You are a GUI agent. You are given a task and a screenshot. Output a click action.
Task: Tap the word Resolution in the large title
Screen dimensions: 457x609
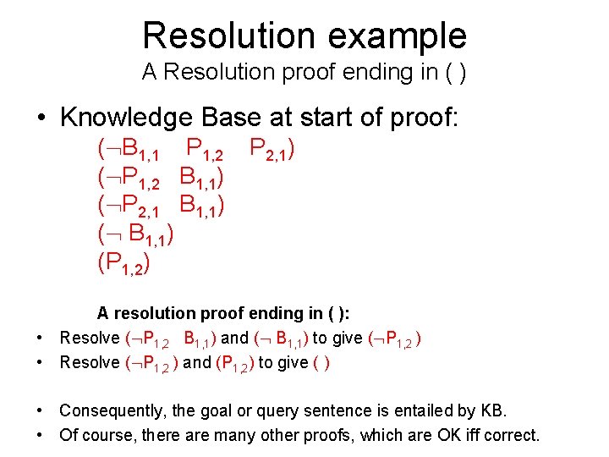tap(222, 36)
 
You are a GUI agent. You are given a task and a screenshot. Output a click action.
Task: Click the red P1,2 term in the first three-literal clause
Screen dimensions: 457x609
tap(204, 151)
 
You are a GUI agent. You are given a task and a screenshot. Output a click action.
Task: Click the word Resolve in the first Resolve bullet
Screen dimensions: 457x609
tap(90, 339)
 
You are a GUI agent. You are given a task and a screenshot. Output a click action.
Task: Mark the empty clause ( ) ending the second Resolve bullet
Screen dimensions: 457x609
tap(321, 363)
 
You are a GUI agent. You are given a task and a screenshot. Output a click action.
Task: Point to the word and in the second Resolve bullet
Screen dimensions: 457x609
tap(197, 363)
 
